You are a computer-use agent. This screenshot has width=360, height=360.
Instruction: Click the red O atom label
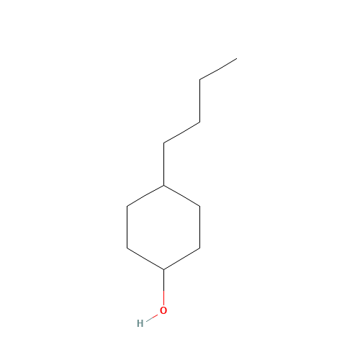(x=163, y=310)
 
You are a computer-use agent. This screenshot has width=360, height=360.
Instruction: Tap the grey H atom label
(x=140, y=323)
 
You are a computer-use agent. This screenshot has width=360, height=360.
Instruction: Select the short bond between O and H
(x=152, y=318)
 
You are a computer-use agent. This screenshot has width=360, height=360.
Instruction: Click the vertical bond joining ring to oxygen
(x=163, y=287)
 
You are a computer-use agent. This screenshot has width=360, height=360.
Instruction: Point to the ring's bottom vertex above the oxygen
(x=163, y=269)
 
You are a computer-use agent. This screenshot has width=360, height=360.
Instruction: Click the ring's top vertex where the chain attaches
(x=163, y=185)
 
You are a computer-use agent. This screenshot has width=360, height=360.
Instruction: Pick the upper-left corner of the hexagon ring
(x=127, y=206)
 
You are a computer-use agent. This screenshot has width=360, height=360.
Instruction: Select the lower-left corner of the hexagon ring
(x=127, y=248)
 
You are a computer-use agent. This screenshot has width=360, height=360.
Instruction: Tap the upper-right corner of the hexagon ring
(x=200, y=206)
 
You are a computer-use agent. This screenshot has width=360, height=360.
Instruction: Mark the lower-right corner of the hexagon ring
(x=200, y=248)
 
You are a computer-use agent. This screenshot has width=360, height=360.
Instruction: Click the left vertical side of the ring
(x=127, y=227)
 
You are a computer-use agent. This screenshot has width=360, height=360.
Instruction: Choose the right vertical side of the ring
(x=200, y=227)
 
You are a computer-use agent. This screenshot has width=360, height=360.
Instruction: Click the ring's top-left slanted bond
(x=145, y=196)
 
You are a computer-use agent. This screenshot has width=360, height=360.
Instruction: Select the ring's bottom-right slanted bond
(x=181, y=259)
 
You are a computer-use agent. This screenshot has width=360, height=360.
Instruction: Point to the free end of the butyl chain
(x=237, y=58)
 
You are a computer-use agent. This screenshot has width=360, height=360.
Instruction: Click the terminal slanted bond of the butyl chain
(x=218, y=69)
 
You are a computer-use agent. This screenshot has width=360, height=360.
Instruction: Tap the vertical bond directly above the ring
(x=163, y=164)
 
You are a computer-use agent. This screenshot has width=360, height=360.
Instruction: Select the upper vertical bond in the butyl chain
(x=200, y=101)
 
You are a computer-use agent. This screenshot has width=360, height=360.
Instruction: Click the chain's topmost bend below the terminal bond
(x=200, y=79)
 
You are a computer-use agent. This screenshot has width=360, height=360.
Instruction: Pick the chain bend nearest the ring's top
(x=163, y=143)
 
